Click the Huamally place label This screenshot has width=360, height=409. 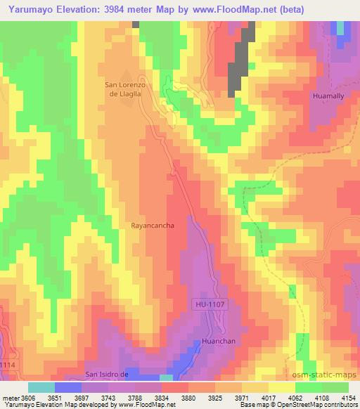click(329, 94)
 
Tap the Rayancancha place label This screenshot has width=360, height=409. click(151, 226)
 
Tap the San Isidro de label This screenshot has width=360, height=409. click(108, 373)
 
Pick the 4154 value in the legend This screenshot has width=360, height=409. click(347, 397)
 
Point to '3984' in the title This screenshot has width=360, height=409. click(109, 8)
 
